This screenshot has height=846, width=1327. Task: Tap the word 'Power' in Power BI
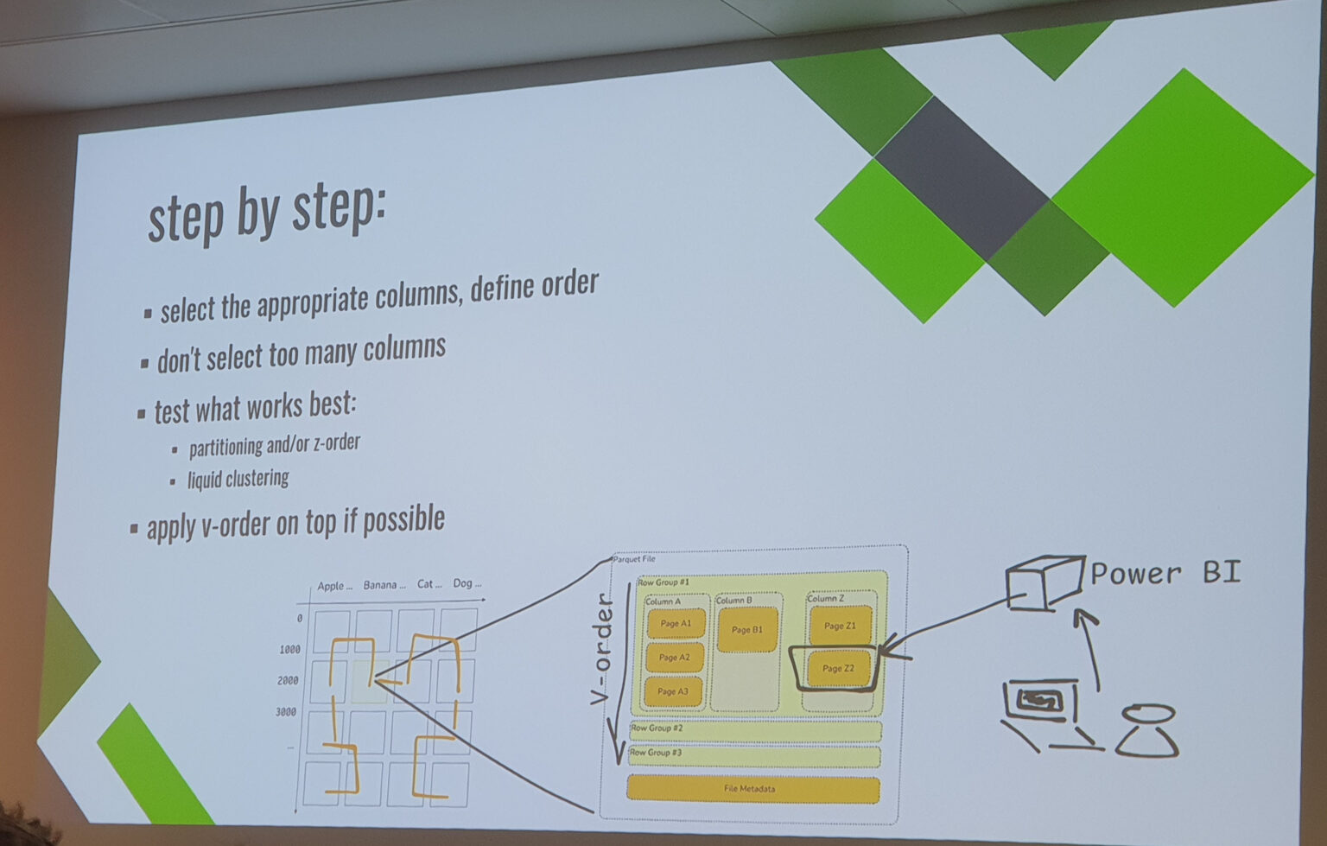1135,574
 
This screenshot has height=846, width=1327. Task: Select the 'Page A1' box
676,623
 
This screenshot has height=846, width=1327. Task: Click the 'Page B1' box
747,630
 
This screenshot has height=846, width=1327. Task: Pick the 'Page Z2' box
837,668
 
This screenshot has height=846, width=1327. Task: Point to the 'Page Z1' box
840,626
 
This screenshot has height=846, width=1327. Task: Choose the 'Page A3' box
673,691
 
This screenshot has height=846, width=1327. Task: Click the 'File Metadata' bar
752,789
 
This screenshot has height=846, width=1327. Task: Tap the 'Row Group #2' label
657,728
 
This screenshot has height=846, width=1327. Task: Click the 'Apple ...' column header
334,586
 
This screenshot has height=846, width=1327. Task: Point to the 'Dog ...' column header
467,583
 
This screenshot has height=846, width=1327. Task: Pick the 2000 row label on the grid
288,681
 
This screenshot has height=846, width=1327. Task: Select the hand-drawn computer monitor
1040,702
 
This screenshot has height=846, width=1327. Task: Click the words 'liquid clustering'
238,479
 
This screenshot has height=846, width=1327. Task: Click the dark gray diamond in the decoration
961,176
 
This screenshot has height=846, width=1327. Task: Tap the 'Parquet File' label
634,559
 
